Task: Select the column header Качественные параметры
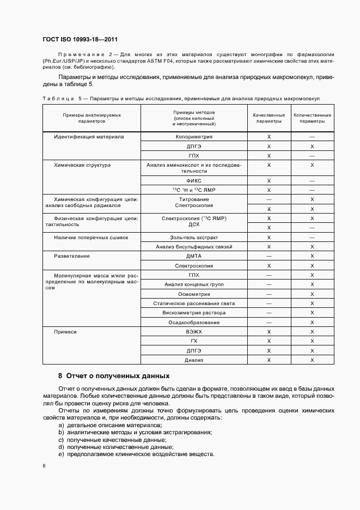pyautogui.click(x=269, y=118)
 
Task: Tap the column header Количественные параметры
pyautogui.click(x=312, y=118)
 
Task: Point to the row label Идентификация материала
pyautogui.click(x=89, y=137)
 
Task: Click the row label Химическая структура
pyautogui.click(x=82, y=165)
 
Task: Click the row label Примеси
pyautogui.click(x=65, y=332)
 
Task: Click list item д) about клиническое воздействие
pyautogui.click(x=136, y=454)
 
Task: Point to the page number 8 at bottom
pyautogui.click(x=44, y=466)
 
